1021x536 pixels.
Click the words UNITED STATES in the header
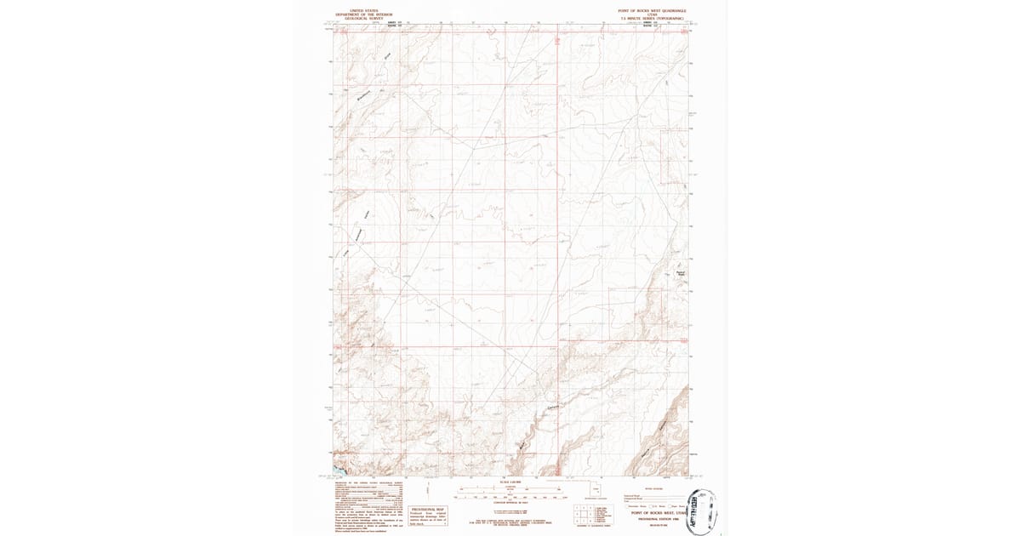click(356, 10)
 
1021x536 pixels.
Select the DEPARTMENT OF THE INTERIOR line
click(356, 14)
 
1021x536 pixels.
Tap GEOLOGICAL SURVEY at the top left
click(356, 18)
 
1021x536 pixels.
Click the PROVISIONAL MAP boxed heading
click(428, 509)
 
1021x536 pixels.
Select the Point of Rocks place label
click(679, 274)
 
